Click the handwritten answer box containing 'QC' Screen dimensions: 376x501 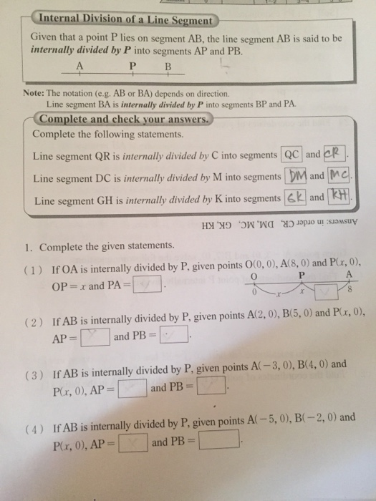(x=292, y=155)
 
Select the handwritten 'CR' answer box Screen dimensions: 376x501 (x=335, y=155)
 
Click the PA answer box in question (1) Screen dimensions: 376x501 (x=147, y=288)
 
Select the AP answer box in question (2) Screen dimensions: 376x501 (x=95, y=335)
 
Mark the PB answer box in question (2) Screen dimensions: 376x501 (x=173, y=335)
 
